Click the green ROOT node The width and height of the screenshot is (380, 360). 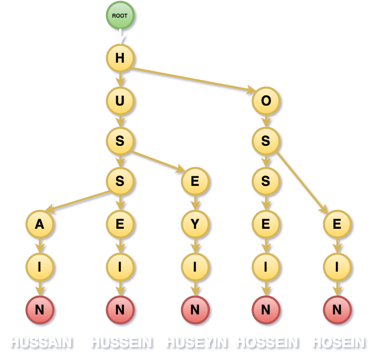click(120, 16)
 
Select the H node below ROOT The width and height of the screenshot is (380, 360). click(120, 59)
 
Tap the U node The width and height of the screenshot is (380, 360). click(120, 100)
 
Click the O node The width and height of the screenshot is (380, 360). click(266, 100)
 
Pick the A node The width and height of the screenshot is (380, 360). click(40, 224)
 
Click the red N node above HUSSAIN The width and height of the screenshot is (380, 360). click(40, 309)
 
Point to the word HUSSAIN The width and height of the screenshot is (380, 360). click(41, 342)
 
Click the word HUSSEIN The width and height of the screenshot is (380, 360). click(121, 342)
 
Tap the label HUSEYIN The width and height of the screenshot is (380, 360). click(196, 342)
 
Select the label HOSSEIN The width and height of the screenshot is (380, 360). click(267, 342)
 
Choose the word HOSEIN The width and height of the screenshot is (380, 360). click(338, 342)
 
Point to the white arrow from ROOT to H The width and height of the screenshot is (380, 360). click(120, 36)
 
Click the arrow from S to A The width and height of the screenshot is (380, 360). click(80, 198)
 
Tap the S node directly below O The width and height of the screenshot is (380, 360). click(266, 141)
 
